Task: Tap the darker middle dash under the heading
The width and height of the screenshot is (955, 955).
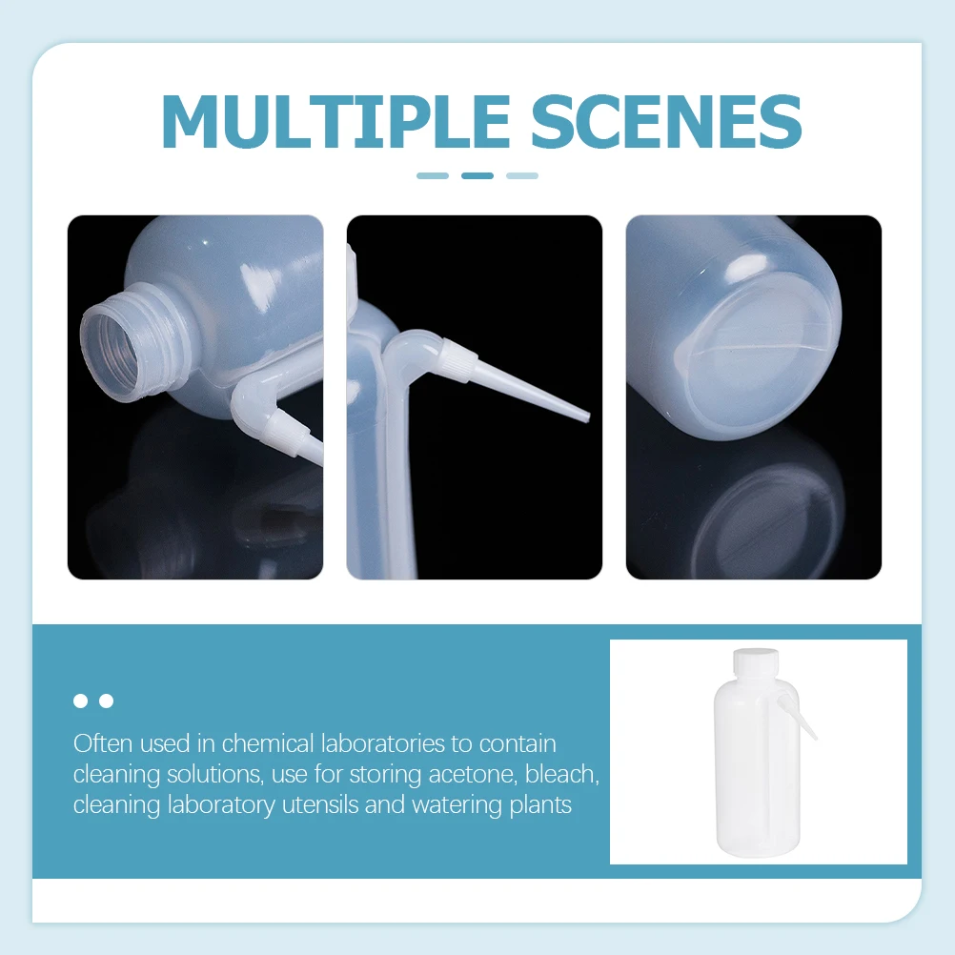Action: point(477,175)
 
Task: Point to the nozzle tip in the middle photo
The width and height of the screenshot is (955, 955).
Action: point(585,417)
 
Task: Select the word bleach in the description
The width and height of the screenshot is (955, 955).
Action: point(566,774)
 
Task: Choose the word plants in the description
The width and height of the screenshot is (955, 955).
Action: point(538,805)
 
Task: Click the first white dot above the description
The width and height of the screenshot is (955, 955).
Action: point(80,701)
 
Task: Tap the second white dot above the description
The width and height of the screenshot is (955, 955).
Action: point(106,701)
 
